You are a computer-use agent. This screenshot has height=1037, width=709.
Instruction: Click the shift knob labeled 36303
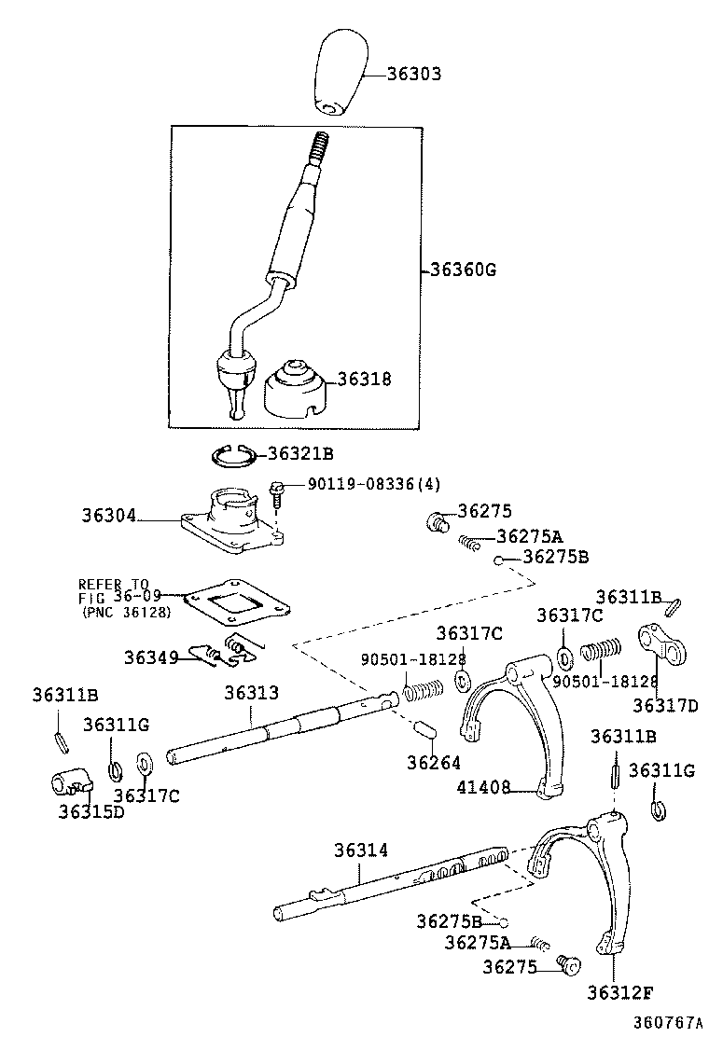(335, 74)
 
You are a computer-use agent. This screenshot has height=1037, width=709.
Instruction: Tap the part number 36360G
(462, 271)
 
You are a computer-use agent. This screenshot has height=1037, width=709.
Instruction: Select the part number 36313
(251, 693)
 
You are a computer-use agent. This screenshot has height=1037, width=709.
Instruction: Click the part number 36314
(361, 850)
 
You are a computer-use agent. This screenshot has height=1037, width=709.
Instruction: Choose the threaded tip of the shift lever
(317, 148)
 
